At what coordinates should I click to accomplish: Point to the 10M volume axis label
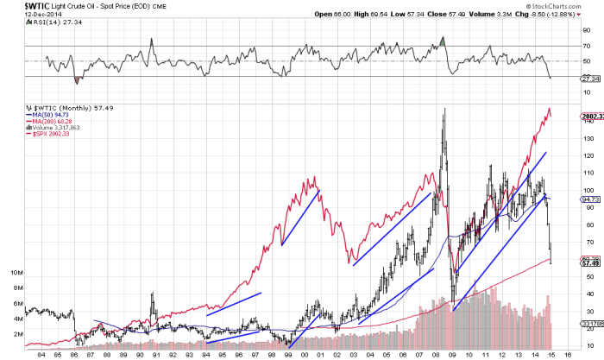pos(16,271)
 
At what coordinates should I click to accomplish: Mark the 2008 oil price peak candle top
pos(444,110)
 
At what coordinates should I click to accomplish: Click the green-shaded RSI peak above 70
pos(442,41)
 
